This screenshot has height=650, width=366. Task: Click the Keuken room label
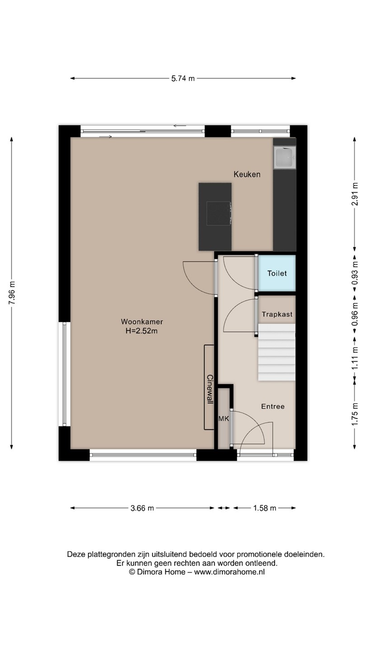(247, 174)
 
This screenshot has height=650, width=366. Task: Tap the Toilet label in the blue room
(277, 274)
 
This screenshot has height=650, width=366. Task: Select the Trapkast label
(277, 314)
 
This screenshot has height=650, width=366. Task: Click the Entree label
(273, 407)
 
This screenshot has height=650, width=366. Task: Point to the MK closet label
(224, 418)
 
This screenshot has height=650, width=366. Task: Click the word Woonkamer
(142, 322)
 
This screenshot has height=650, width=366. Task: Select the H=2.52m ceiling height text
(142, 331)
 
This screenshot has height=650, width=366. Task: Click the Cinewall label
(210, 389)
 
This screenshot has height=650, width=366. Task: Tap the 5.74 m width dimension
(183, 79)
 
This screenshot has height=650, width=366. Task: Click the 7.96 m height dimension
(12, 293)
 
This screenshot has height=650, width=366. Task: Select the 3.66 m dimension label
(142, 508)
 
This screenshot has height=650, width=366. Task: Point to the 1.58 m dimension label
(265, 508)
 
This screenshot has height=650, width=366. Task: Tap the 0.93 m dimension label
(354, 274)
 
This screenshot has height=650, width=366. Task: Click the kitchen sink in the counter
(284, 157)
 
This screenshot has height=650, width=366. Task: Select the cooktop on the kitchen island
(219, 213)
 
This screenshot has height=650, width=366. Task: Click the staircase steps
(277, 352)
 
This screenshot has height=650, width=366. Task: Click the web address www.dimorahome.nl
(229, 572)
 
